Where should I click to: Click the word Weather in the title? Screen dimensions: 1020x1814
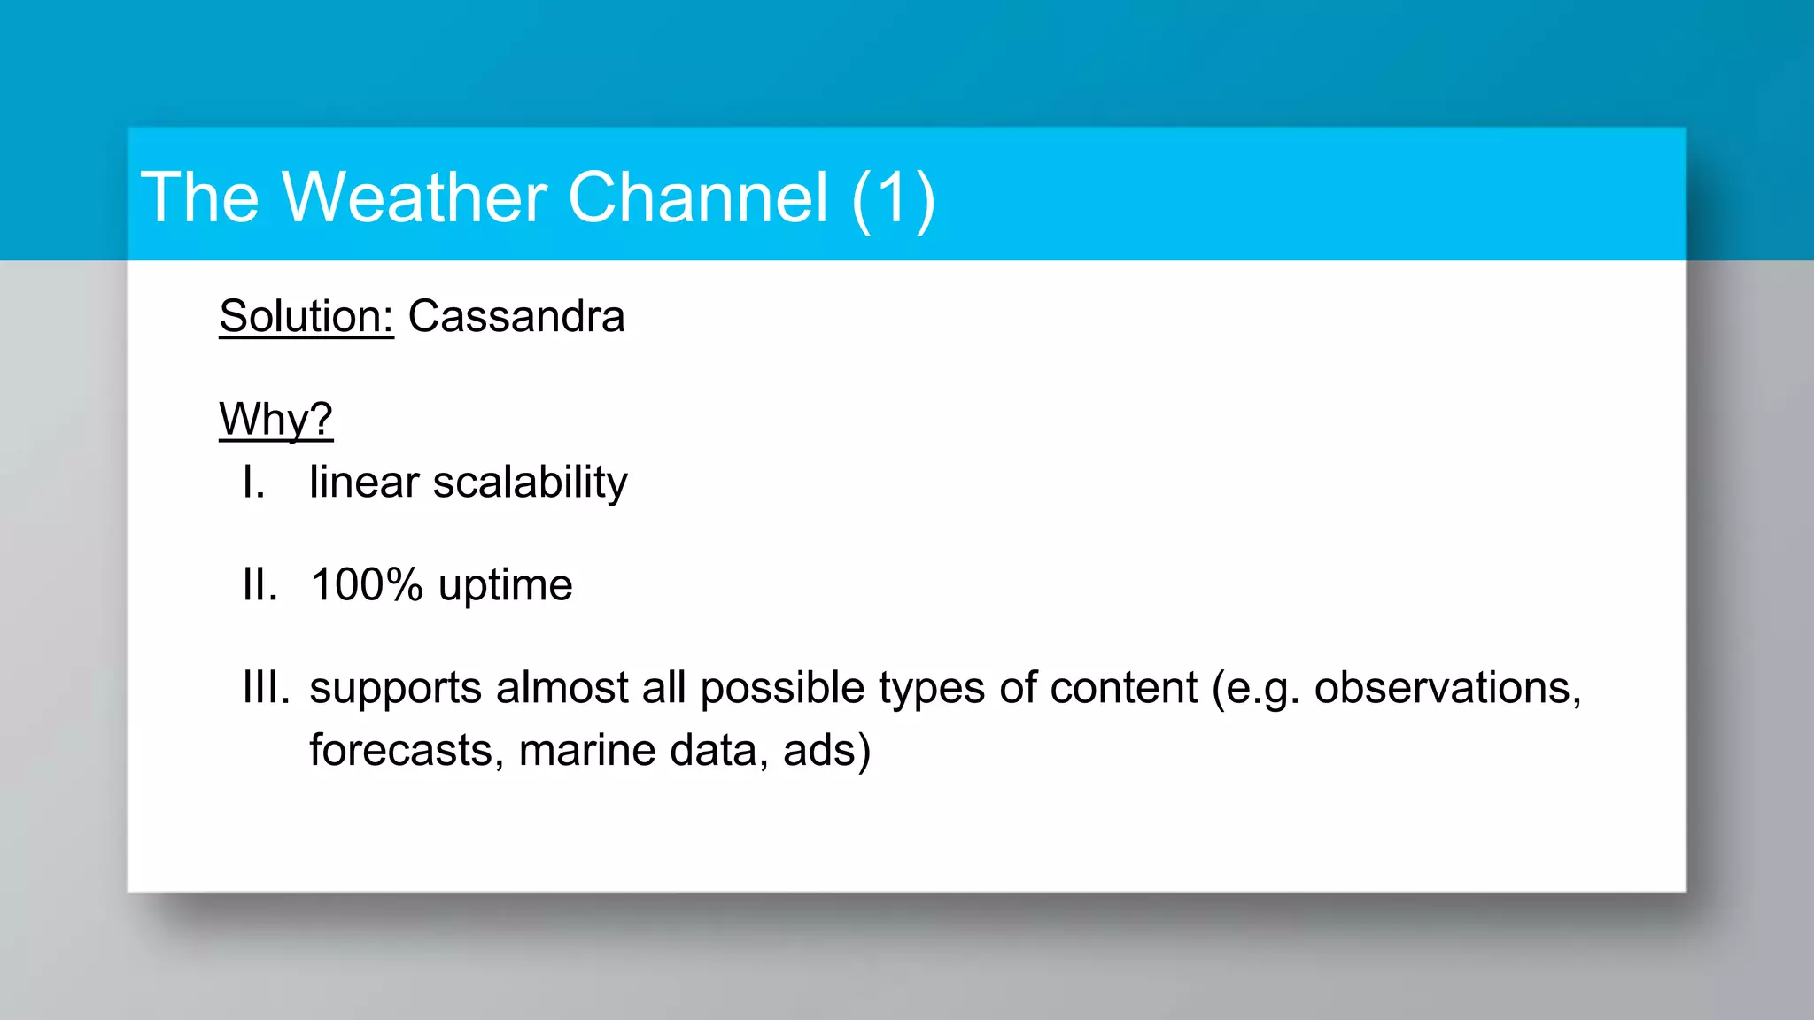(x=415, y=197)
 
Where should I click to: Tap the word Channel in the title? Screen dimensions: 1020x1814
(x=698, y=197)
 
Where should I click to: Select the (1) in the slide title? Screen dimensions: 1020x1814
(x=893, y=199)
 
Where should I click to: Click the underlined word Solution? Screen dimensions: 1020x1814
(x=306, y=316)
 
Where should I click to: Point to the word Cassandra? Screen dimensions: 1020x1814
(x=516, y=316)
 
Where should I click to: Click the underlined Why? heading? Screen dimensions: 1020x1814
(x=275, y=419)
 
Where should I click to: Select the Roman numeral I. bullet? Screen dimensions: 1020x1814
(x=253, y=483)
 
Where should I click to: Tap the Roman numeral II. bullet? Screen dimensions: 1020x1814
(x=260, y=585)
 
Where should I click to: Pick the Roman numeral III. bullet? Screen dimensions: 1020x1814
(x=266, y=688)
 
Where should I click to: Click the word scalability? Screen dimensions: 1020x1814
(x=530, y=483)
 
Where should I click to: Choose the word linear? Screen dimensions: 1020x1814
(x=364, y=483)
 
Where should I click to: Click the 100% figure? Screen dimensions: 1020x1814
(x=367, y=585)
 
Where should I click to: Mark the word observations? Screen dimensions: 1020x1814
(x=1447, y=688)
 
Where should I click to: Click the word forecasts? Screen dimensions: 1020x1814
(x=407, y=751)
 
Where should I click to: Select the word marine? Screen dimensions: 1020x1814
(x=587, y=751)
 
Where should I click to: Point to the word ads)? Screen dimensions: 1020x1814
(x=826, y=751)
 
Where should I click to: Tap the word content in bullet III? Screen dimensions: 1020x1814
(x=1123, y=688)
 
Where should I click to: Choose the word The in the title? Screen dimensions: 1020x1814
(x=200, y=197)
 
